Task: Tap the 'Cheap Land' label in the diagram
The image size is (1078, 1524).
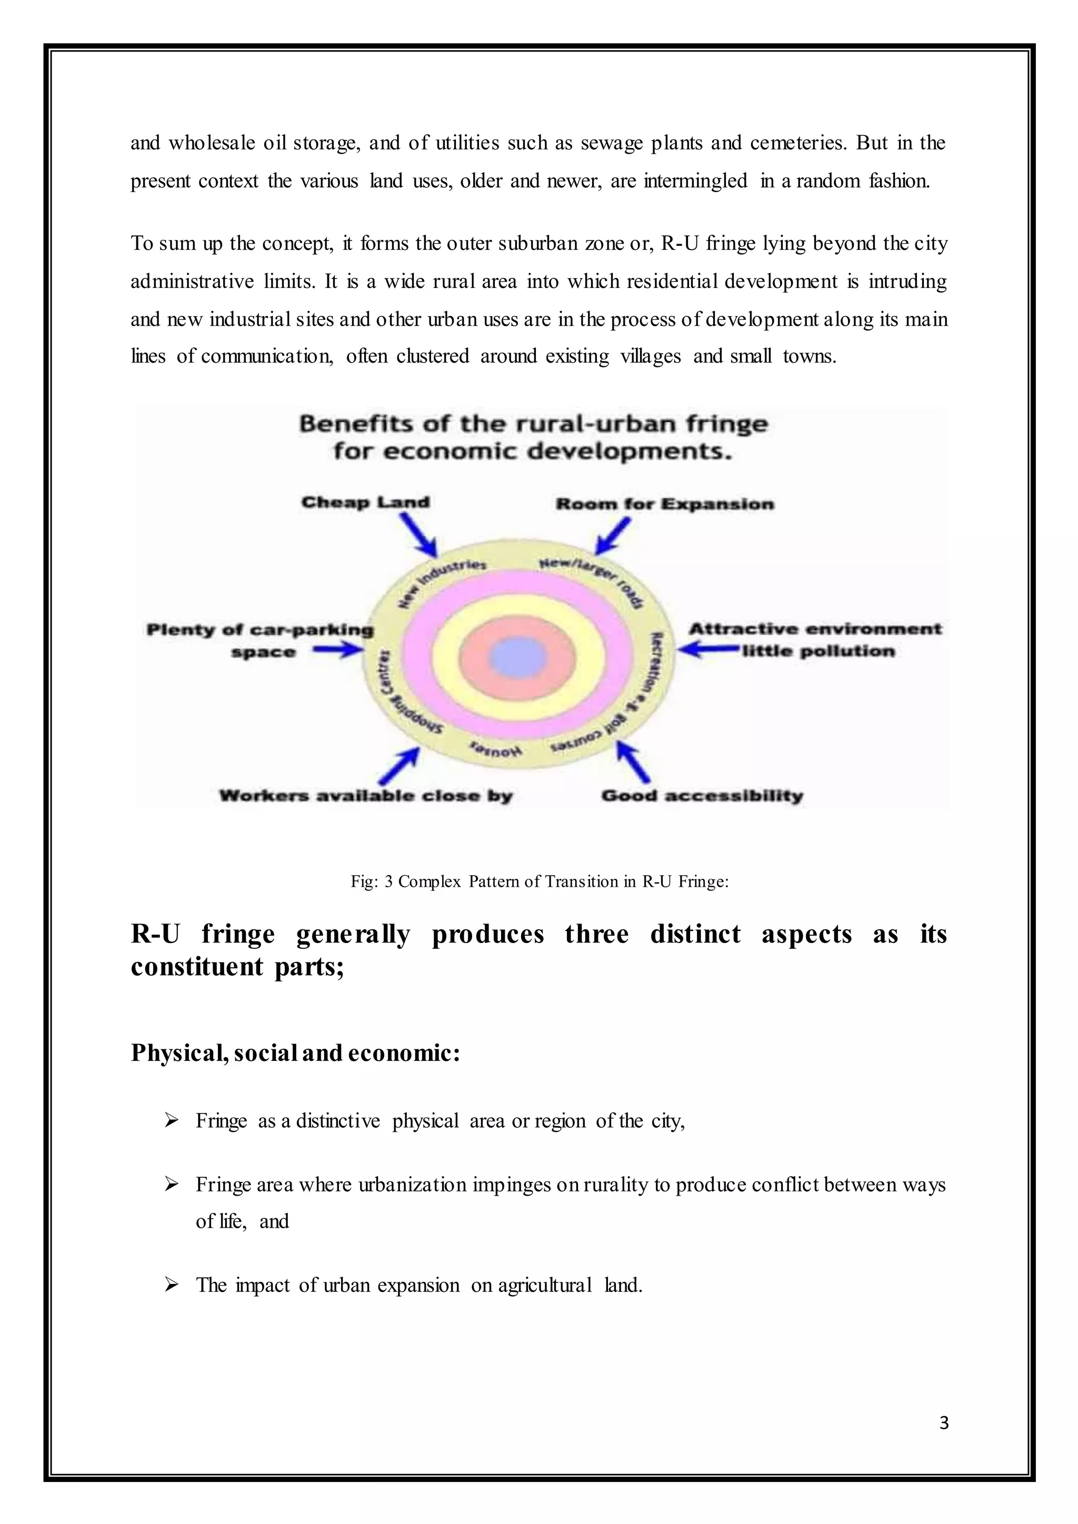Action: pos(366,503)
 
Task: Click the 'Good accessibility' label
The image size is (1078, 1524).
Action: pos(702,796)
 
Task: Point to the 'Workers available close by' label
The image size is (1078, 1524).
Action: pos(366,796)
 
